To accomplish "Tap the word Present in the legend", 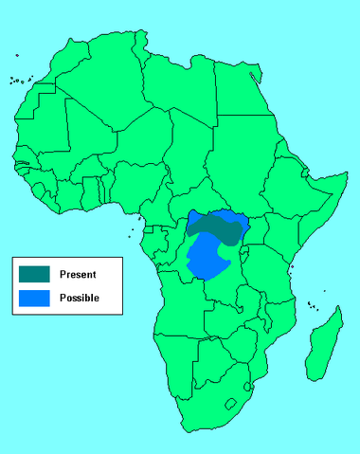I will (x=78, y=274).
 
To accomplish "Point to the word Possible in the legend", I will (x=79, y=298).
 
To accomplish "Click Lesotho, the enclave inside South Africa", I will (x=230, y=405).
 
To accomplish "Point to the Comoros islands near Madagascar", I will (x=312, y=305).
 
